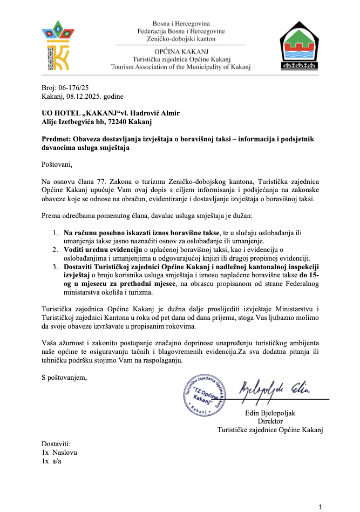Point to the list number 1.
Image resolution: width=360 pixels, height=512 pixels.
click(56, 233)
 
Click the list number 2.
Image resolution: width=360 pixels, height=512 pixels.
click(56, 250)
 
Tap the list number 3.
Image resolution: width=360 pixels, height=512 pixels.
click(56, 267)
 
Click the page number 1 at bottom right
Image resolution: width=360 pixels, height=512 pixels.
click(321, 506)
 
